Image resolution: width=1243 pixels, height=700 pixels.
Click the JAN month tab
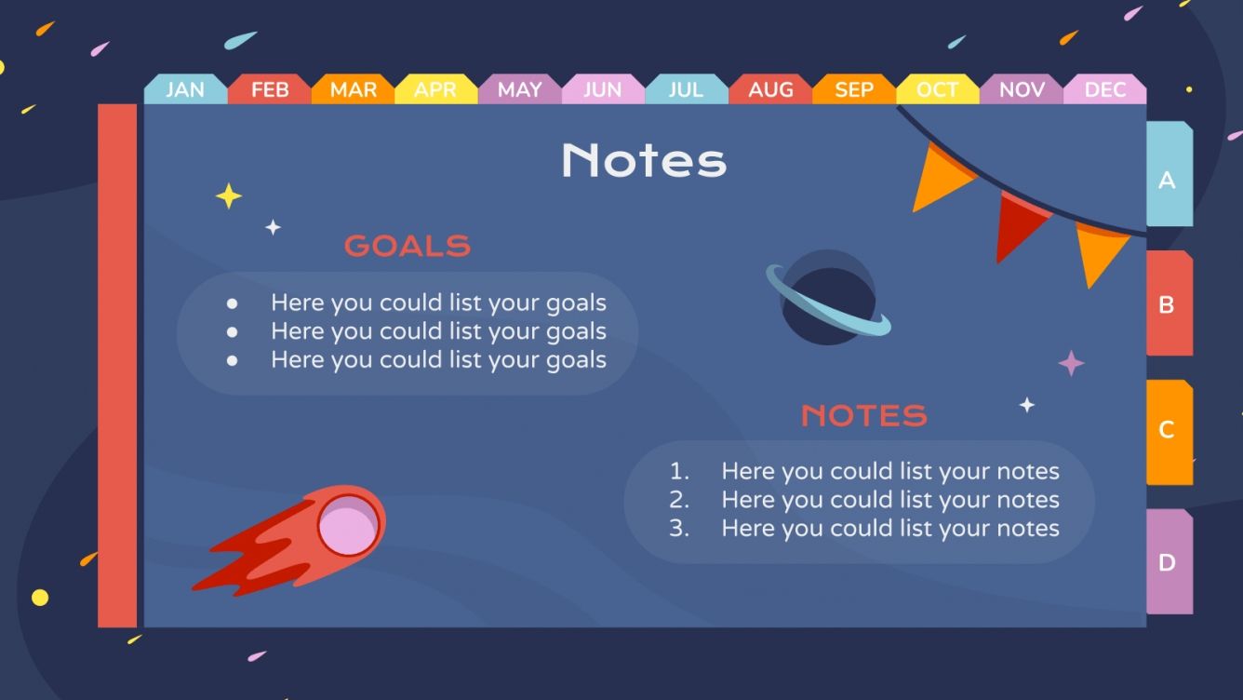click(185, 89)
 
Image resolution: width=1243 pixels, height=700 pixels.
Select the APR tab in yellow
click(435, 89)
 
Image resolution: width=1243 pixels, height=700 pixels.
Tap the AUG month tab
click(770, 89)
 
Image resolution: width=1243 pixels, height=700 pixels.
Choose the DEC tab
click(1105, 89)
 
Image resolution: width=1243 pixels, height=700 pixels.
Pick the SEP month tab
click(854, 89)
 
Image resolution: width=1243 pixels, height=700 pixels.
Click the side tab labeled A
click(1168, 179)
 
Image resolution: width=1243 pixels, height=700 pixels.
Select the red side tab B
click(1168, 304)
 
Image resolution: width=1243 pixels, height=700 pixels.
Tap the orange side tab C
click(1168, 430)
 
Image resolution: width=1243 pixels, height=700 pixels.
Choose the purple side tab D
click(1168, 562)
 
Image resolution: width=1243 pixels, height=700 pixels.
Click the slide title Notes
click(644, 160)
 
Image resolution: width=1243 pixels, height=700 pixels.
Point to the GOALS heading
click(408, 246)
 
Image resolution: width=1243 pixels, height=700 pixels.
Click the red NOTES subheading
click(864, 415)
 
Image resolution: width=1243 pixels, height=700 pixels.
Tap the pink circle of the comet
click(348, 524)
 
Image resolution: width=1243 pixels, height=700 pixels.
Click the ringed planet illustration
click(827, 298)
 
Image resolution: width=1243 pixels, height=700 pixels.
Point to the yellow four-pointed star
click(229, 195)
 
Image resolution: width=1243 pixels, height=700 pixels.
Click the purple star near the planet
click(1072, 363)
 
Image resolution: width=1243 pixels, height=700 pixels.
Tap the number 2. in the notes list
click(679, 500)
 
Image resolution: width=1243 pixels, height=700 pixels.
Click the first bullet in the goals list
click(232, 303)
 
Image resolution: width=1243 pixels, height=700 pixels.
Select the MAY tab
click(519, 89)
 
